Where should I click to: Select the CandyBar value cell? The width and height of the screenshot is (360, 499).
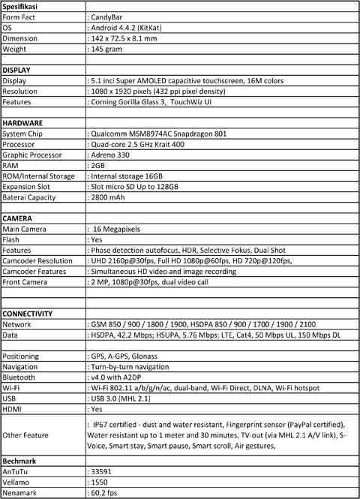(x=109, y=17)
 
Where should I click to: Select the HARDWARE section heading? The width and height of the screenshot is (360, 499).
(x=23, y=122)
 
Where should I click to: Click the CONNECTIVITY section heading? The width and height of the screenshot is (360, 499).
(x=28, y=312)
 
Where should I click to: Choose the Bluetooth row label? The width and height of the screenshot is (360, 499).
(x=19, y=377)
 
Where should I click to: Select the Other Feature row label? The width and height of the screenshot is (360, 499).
(x=25, y=434)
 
